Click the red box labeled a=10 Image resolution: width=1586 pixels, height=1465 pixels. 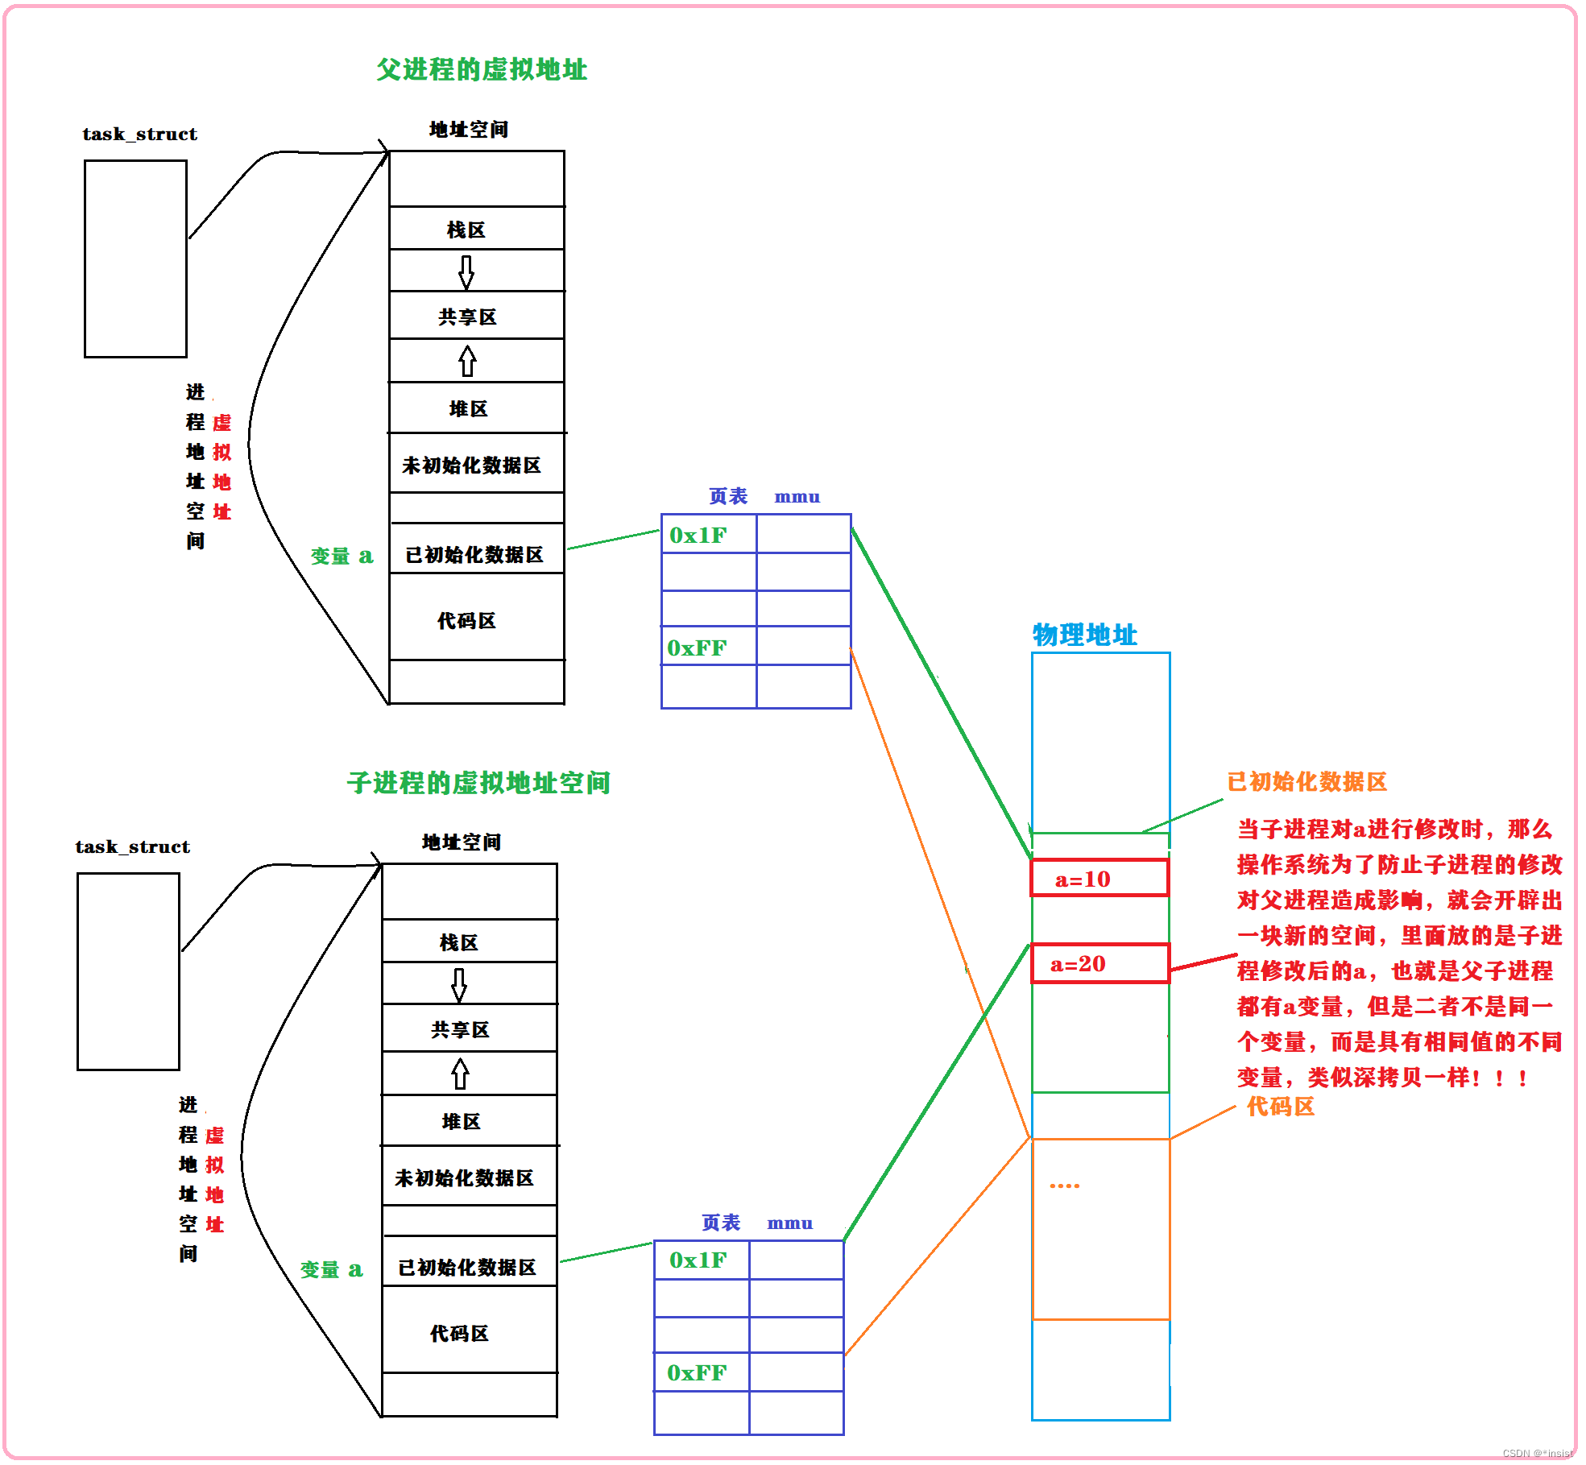[1099, 878]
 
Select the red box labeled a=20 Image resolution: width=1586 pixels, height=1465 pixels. [1099, 963]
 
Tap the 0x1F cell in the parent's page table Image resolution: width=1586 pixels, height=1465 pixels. [708, 535]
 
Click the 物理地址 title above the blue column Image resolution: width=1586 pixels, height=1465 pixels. [1084, 635]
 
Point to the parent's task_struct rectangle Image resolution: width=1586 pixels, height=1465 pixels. [135, 259]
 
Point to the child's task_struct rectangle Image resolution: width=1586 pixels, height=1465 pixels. [128, 971]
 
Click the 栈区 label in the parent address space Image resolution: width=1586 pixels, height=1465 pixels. [466, 230]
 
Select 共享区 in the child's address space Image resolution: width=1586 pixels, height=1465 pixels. [460, 1030]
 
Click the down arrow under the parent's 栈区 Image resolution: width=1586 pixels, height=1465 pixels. [466, 272]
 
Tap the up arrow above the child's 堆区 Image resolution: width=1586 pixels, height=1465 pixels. [460, 1074]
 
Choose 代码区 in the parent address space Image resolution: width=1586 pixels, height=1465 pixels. [466, 621]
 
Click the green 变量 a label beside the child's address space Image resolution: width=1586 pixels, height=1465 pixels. [331, 1270]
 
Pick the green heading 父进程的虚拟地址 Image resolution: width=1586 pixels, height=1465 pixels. [482, 70]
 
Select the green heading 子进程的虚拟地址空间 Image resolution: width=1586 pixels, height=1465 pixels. [478, 783]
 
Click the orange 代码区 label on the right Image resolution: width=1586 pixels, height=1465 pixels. [1280, 1107]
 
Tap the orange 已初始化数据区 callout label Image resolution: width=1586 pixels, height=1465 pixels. [1306, 782]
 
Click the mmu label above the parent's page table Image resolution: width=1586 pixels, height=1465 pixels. [797, 497]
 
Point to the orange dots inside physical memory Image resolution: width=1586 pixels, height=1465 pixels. [1064, 1186]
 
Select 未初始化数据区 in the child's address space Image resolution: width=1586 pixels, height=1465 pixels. [465, 1178]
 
